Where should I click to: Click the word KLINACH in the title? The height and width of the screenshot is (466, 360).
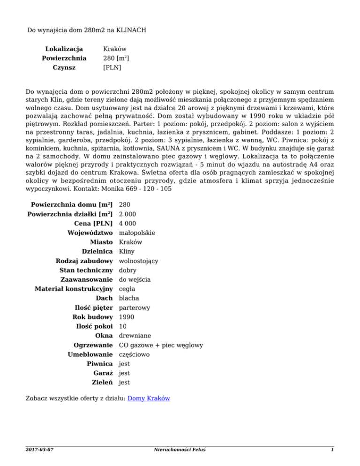[x=129, y=30]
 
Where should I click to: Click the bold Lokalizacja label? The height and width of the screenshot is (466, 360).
[x=64, y=49]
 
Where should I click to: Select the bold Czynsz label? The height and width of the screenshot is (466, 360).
[x=64, y=68]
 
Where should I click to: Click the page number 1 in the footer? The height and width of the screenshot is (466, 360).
[x=331, y=450]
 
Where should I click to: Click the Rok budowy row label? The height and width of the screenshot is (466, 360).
[x=94, y=317]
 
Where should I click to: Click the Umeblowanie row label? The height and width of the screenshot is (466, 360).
[x=90, y=354]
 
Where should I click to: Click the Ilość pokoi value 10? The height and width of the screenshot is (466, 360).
[x=123, y=326]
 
